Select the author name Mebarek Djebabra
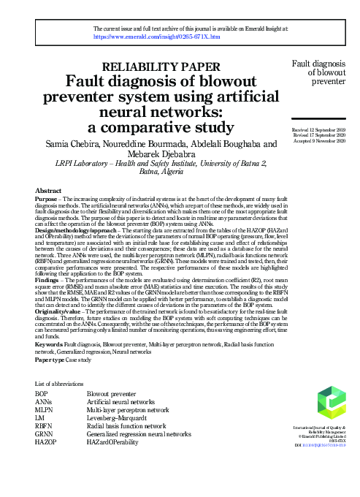tap(158, 156)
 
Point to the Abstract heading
tap(48, 191)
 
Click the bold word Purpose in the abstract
tap(47, 199)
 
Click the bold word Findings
tap(48, 301)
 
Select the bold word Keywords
tap(48, 363)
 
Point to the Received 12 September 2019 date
tap(313, 129)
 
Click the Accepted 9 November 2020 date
tap(313, 140)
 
